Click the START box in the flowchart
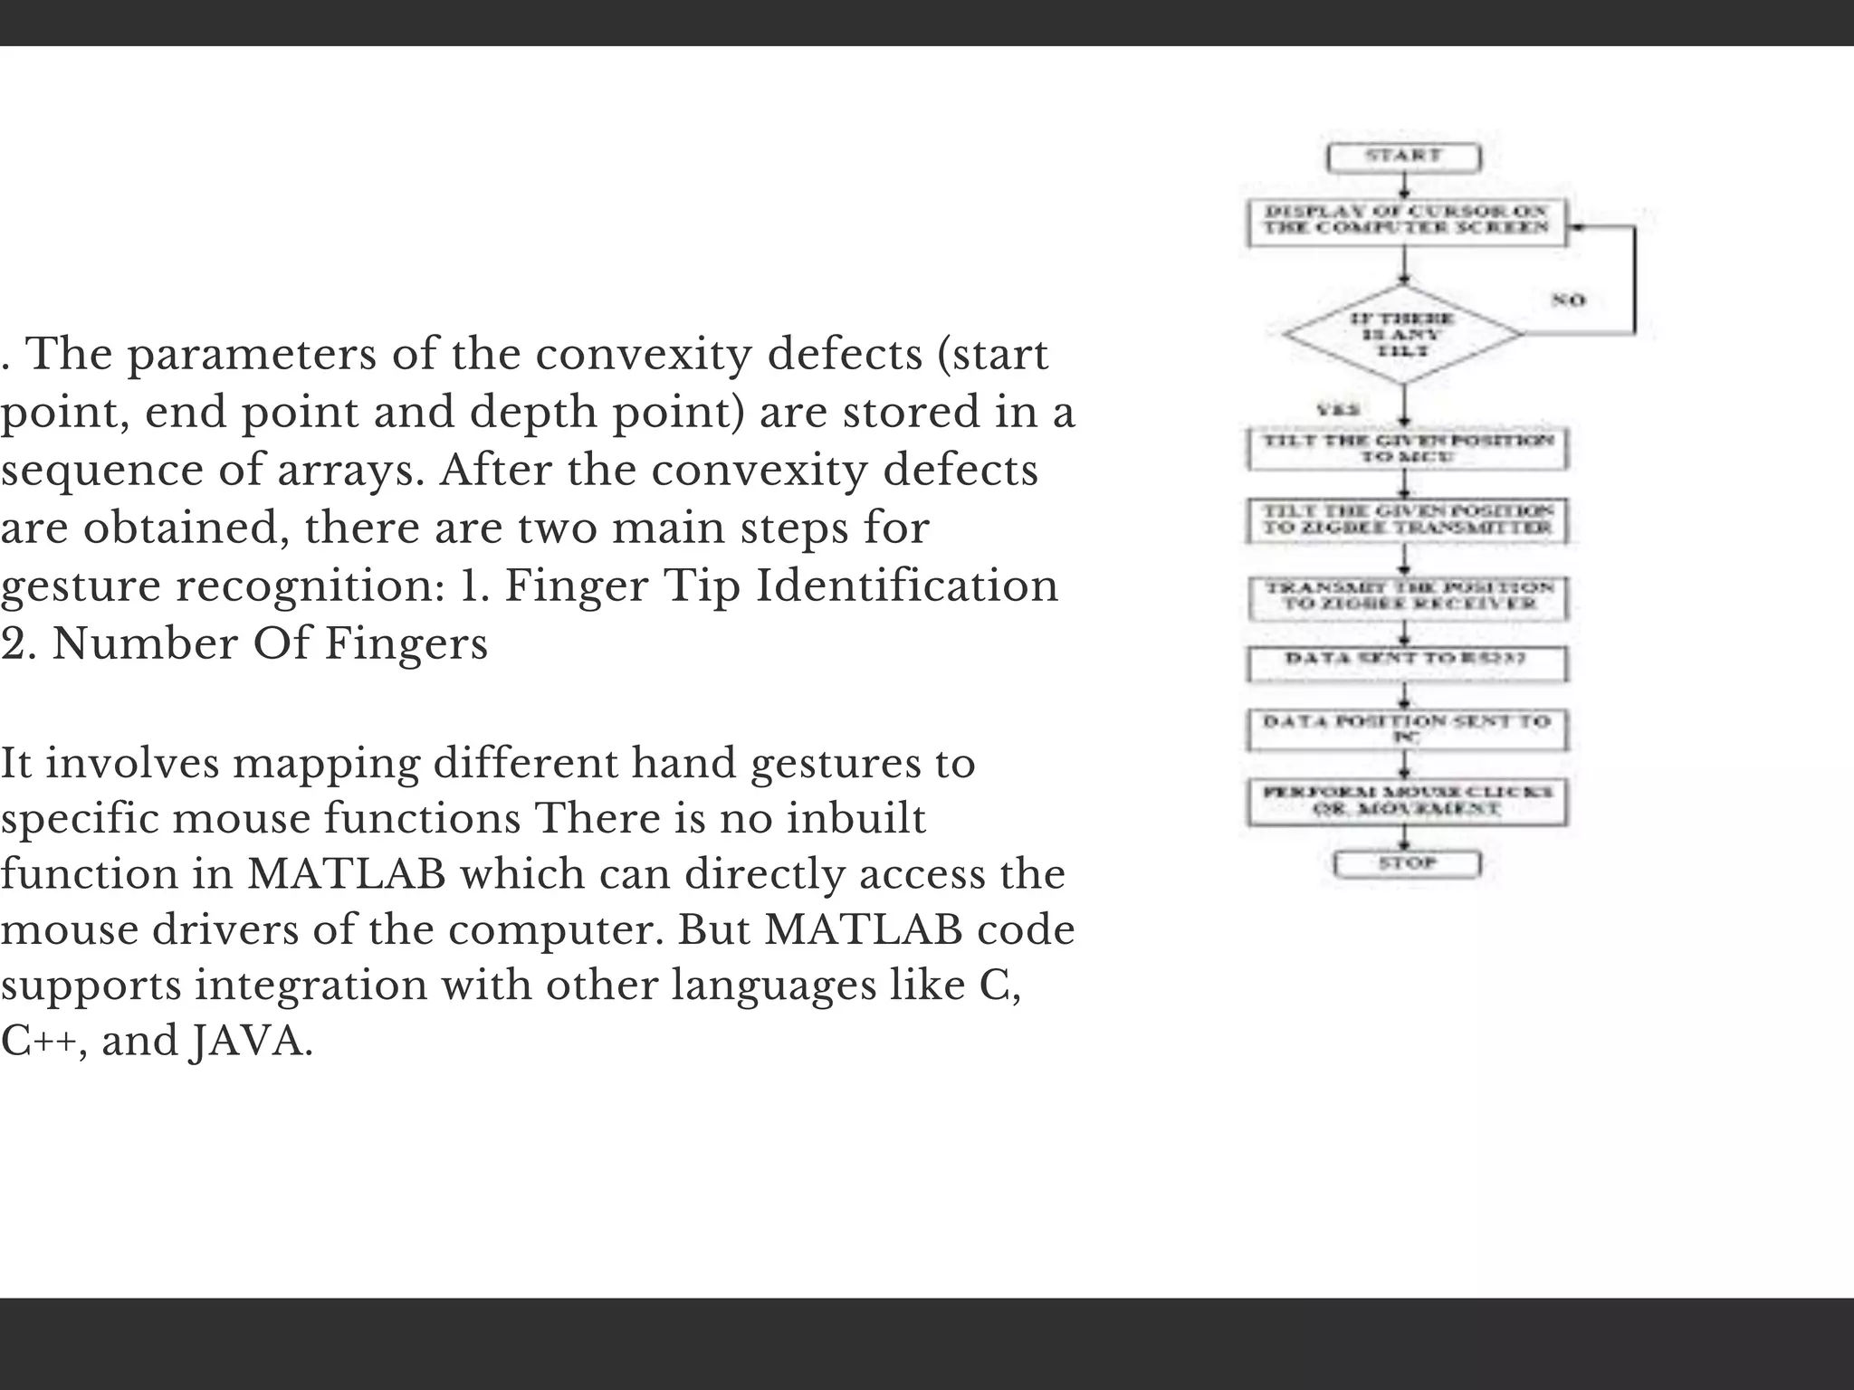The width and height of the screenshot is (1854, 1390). (1403, 157)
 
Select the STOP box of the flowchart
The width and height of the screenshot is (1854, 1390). (1407, 863)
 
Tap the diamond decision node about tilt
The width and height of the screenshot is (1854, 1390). (1403, 334)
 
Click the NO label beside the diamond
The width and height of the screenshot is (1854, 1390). (1569, 300)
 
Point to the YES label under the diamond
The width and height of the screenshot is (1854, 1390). (1339, 410)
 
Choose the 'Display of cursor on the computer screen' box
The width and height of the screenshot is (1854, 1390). (1406, 221)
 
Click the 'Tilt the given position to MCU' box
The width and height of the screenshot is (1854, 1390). (1407, 449)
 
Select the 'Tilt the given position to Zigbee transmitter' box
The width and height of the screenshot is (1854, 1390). (1407, 520)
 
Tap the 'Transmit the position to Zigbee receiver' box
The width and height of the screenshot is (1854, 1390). (1408, 596)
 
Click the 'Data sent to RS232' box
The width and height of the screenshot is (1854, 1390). (1407, 663)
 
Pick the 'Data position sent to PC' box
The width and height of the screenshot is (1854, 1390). (1407, 729)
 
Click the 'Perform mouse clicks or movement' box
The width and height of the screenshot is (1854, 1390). (1407, 801)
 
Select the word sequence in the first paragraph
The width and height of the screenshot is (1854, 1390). (100, 471)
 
